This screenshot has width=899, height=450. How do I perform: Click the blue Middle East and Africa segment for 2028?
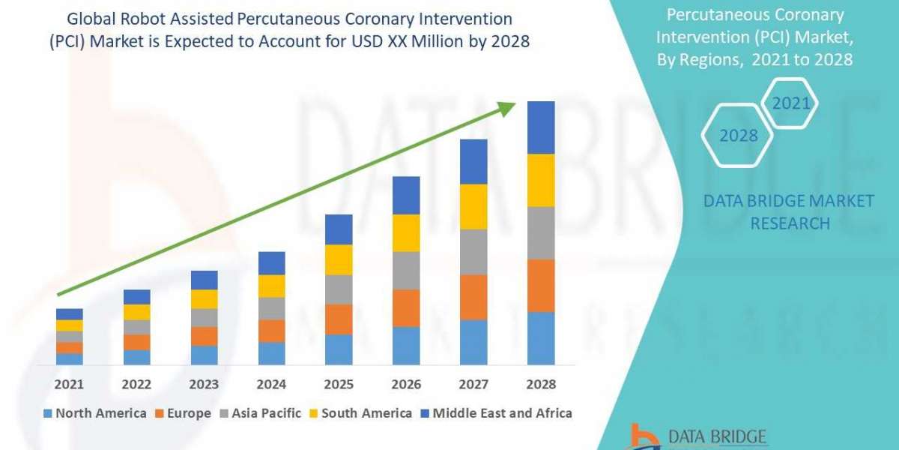[541, 127]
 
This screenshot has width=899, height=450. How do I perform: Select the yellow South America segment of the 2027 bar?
[473, 206]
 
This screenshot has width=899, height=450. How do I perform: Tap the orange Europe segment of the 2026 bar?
[406, 307]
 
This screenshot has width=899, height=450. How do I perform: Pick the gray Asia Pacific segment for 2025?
[339, 289]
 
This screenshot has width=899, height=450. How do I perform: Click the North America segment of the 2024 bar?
[271, 353]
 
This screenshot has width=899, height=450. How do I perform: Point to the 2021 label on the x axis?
[69, 384]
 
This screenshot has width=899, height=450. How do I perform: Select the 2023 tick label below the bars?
[204, 384]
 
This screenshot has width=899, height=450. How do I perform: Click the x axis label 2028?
[541, 384]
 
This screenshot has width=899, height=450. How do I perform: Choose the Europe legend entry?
[184, 413]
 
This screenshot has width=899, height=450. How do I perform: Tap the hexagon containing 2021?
[791, 103]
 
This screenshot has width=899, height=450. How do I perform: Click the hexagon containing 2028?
[738, 136]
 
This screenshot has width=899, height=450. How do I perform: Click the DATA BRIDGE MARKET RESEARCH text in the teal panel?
[789, 211]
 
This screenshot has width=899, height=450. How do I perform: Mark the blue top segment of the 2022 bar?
[136, 297]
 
